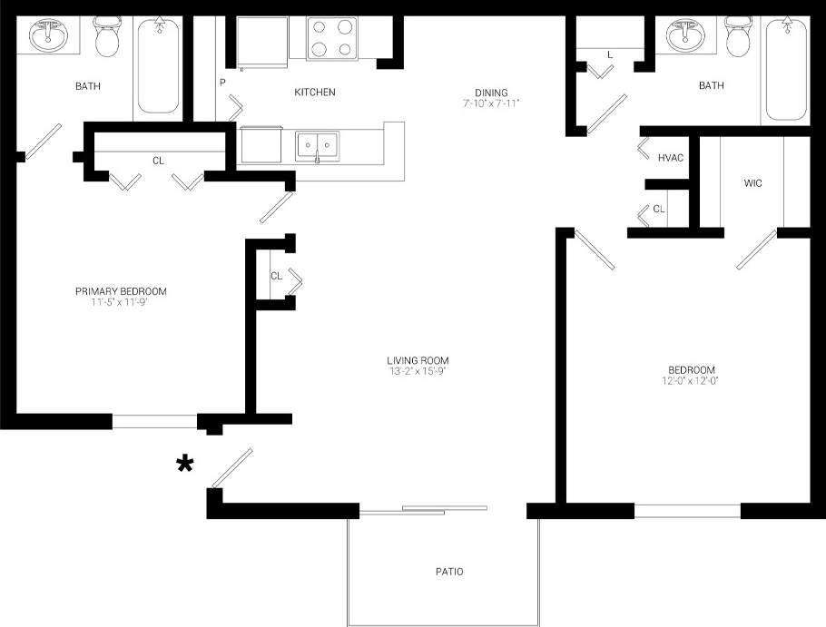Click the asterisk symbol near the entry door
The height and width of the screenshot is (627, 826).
coord(185,465)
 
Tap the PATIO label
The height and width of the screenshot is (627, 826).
coord(448,572)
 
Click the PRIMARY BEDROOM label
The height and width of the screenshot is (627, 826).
coord(121,291)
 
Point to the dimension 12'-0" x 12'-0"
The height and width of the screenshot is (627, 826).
coord(692,380)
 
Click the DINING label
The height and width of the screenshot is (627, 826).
coord(490,92)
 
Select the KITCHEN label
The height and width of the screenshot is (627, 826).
coord(315,93)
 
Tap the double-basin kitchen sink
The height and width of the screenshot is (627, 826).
coord(317,145)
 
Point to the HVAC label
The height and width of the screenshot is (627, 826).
coord(670,158)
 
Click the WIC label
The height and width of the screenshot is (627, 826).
coord(752,183)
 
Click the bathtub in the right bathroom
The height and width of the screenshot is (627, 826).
coord(786,68)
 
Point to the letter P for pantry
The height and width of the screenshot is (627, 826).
coord(221,83)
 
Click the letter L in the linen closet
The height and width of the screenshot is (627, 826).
coord(610,55)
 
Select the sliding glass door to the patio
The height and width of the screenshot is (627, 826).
coord(424,511)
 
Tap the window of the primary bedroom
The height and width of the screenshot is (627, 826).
coord(154,421)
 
